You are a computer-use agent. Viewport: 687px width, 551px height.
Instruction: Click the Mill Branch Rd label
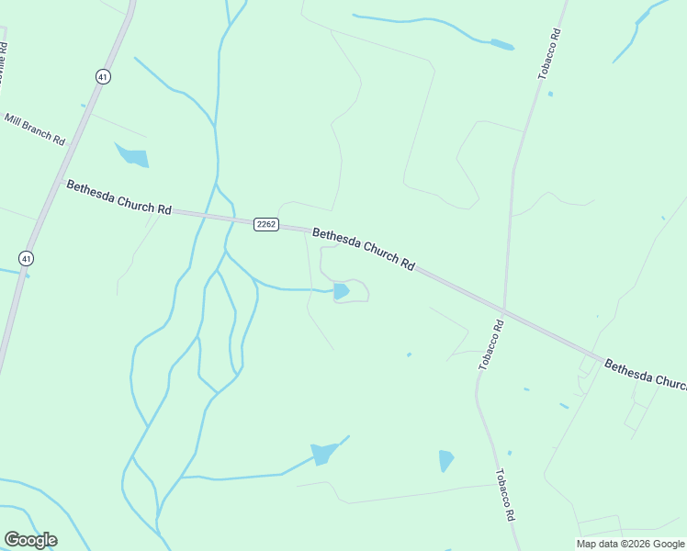[35, 129]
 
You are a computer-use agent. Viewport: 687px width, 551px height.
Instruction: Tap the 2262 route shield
[266, 224]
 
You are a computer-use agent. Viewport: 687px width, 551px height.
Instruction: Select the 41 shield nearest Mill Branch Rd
[103, 77]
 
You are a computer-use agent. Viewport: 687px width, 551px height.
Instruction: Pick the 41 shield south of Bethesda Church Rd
[26, 258]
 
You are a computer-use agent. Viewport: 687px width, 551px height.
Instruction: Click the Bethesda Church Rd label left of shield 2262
[118, 197]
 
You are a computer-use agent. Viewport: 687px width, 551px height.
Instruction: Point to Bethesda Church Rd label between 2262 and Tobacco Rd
[363, 248]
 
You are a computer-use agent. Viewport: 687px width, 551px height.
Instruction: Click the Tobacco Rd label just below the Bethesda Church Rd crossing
[490, 344]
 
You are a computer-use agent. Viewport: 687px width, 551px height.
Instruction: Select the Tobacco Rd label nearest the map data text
[504, 496]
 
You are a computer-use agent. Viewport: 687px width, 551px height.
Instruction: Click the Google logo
[30, 540]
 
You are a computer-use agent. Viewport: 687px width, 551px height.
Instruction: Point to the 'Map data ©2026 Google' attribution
[630, 544]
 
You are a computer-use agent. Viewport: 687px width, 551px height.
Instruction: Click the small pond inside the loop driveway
[341, 291]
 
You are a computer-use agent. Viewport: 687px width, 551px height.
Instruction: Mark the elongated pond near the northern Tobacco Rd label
[502, 44]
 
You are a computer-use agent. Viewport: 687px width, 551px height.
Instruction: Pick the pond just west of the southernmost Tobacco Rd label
[446, 460]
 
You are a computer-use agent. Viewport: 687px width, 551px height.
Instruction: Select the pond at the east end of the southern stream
[324, 454]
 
